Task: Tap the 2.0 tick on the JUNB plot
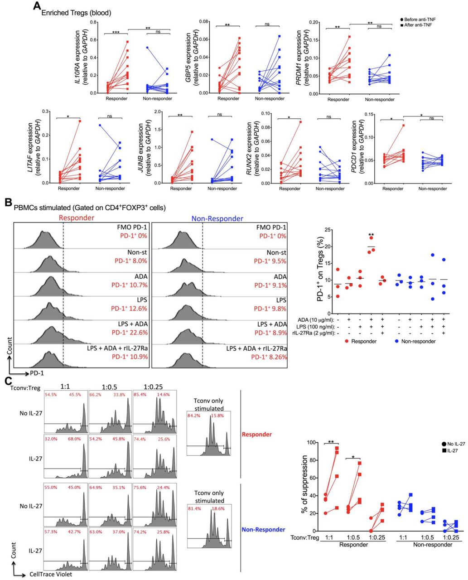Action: pos(157,111)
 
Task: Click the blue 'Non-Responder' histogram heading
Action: pos(217,218)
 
